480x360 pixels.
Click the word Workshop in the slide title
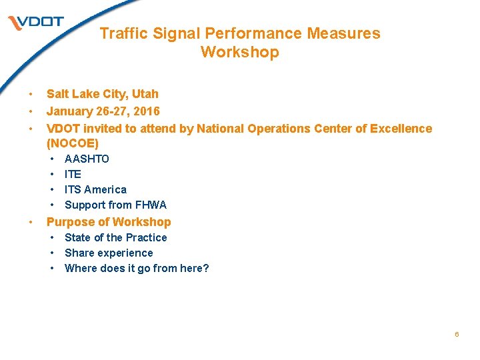pyautogui.click(x=239, y=52)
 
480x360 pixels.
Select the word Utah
pyautogui.click(x=146, y=94)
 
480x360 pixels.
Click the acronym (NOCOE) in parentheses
pyautogui.click(x=73, y=143)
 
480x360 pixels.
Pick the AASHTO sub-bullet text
pyautogui.click(x=87, y=159)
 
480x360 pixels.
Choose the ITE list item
pyautogui.click(x=73, y=174)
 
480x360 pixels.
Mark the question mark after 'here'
pyautogui.click(x=206, y=268)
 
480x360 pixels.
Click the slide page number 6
pyautogui.click(x=457, y=334)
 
